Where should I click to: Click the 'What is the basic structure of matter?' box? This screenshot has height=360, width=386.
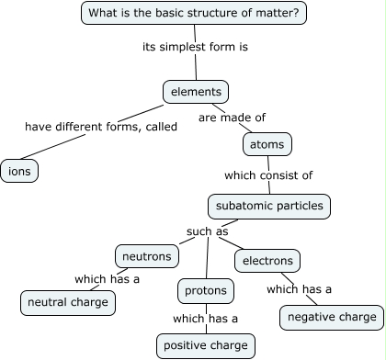[x=194, y=13]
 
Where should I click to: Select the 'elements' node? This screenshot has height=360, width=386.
[x=195, y=92]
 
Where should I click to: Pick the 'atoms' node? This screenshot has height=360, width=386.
[x=268, y=144]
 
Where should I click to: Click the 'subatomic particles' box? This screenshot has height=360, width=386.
[x=267, y=206]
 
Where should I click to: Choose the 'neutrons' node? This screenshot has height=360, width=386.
[x=143, y=255]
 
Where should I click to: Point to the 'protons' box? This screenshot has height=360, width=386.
[x=205, y=291]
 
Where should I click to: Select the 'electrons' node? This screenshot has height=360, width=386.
[x=267, y=261]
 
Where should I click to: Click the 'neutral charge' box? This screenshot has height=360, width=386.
[x=68, y=301]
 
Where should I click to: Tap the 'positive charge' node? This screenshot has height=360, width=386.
[x=205, y=345]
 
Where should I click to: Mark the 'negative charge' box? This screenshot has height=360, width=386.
[x=331, y=317]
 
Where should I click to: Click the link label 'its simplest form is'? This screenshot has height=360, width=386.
[x=195, y=46]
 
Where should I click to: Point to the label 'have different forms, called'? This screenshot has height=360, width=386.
[x=100, y=127]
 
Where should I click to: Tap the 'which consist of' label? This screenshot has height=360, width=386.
[x=268, y=174]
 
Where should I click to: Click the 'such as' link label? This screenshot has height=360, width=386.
[x=207, y=231]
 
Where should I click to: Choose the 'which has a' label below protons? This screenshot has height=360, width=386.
[x=205, y=319]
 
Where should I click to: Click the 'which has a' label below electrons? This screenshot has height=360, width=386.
[x=299, y=289]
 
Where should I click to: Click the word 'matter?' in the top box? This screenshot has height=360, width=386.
[x=278, y=13]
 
